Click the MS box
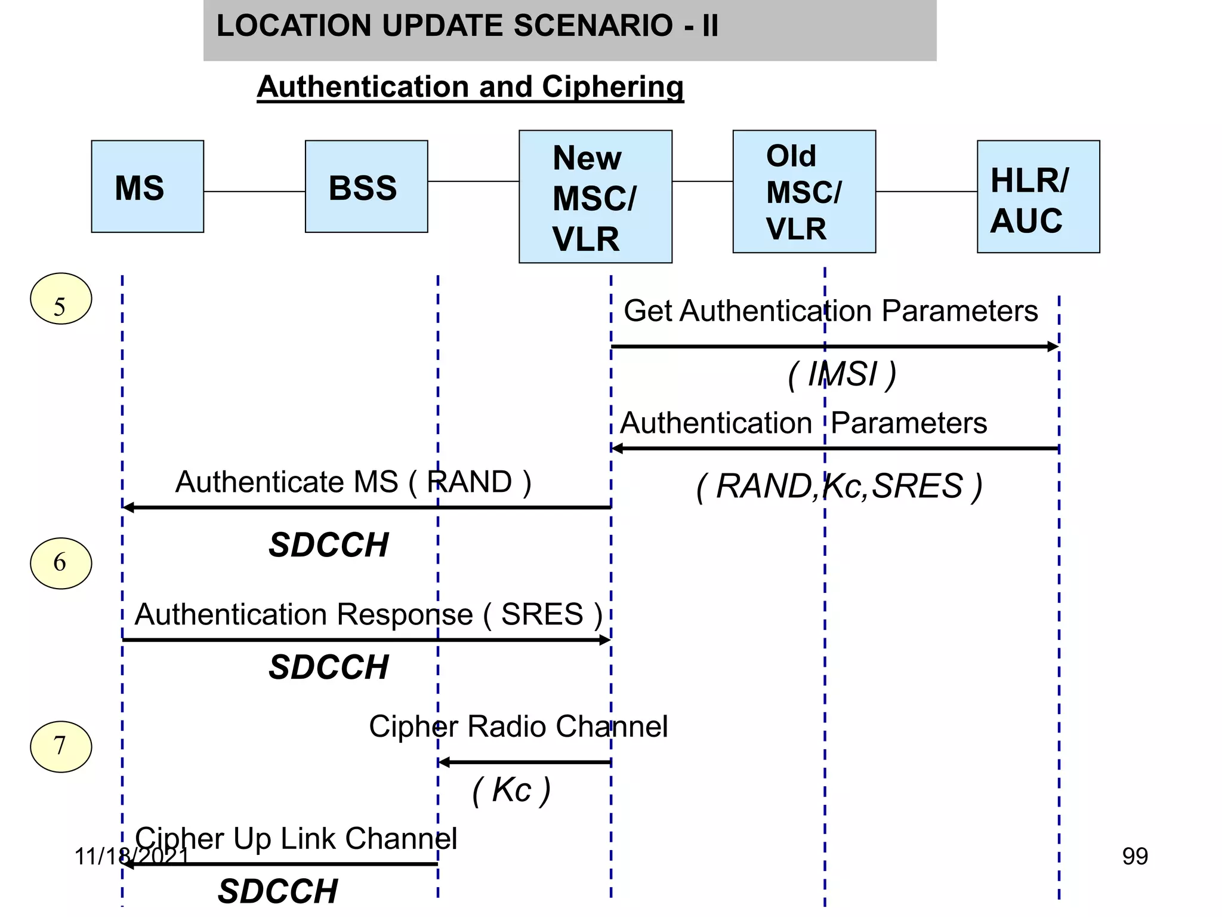147,186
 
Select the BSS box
366,186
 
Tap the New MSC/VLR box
595,196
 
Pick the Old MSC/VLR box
804,192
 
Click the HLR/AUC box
1038,196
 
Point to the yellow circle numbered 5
61,299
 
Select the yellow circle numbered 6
61,563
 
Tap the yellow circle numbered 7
61,746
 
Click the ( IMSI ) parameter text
842,375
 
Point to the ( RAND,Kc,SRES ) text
839,486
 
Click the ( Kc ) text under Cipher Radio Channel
511,790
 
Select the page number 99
1134,856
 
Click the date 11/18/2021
131,856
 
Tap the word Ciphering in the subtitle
612,87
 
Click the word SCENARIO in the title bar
593,26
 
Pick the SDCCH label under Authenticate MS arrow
328,545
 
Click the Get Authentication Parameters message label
831,311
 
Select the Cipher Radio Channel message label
518,727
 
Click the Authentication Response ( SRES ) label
368,614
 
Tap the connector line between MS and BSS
254,192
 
